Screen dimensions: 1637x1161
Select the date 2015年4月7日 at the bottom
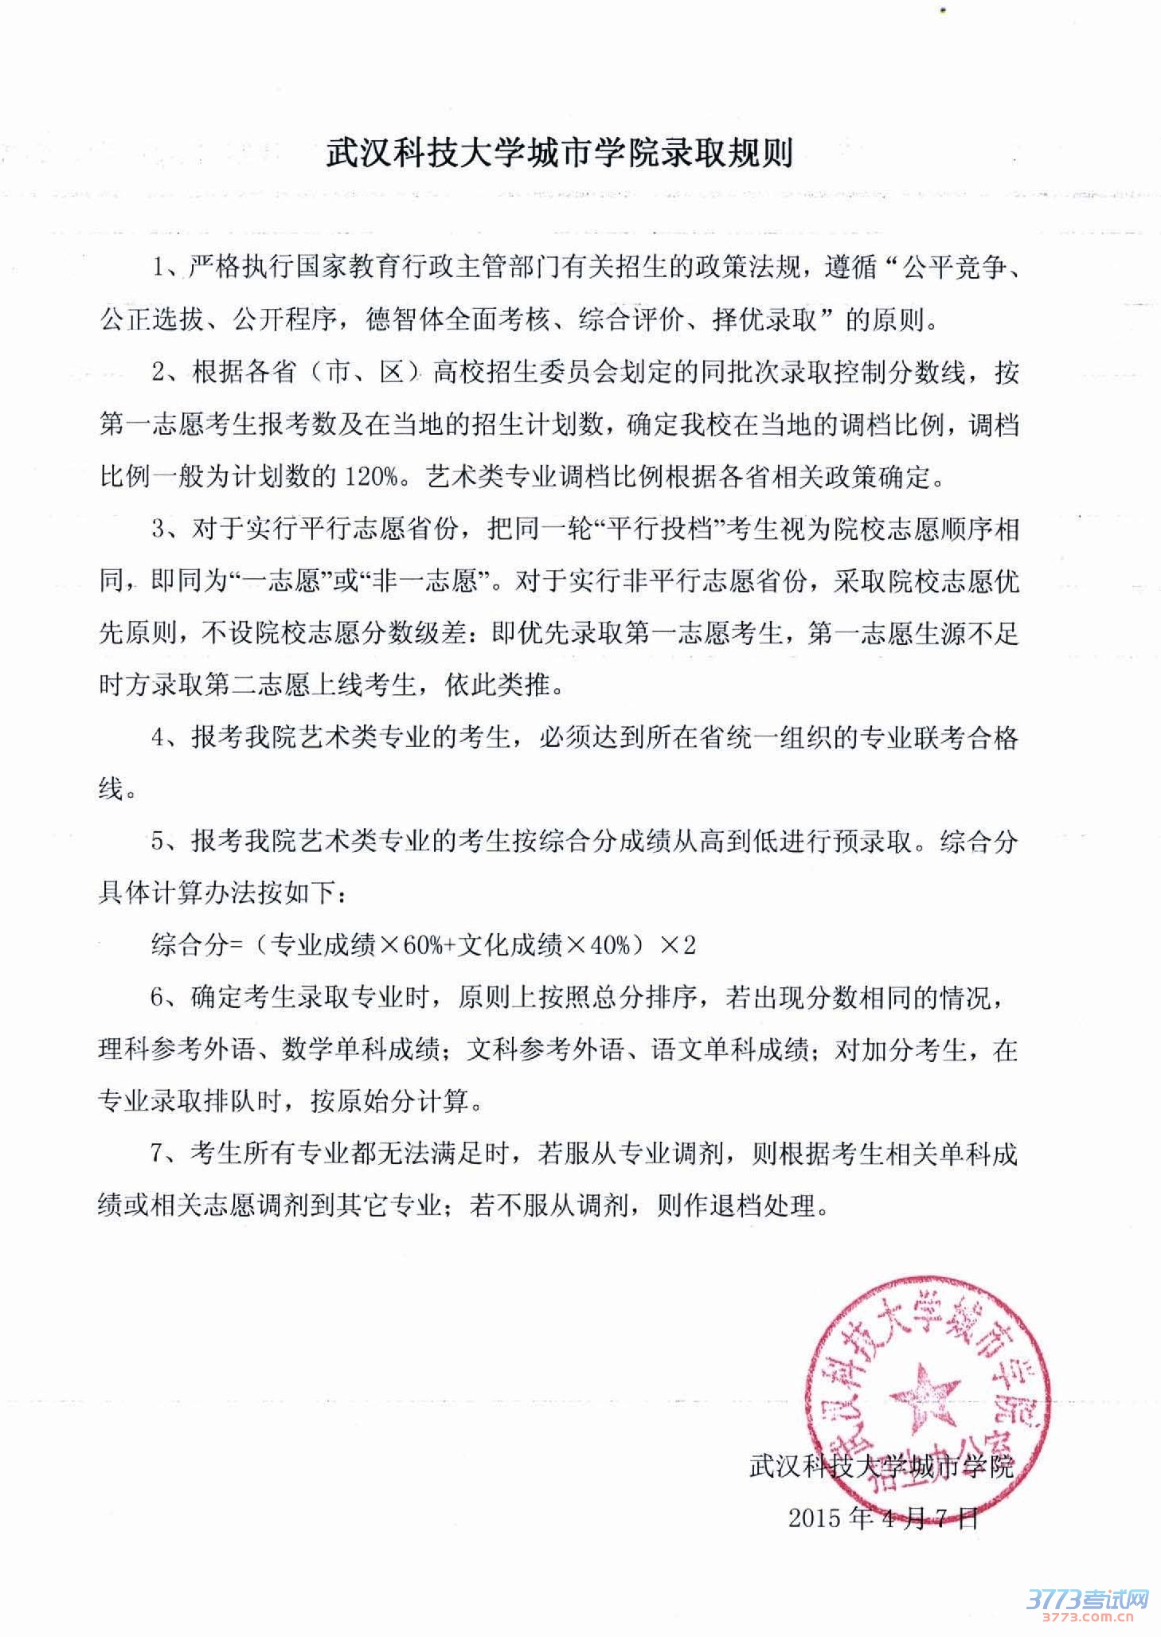coord(882,1518)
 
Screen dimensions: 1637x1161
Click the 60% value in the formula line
coord(421,945)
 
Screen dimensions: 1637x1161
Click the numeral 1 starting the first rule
coord(158,268)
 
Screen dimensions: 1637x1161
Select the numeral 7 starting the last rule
coord(158,1154)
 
